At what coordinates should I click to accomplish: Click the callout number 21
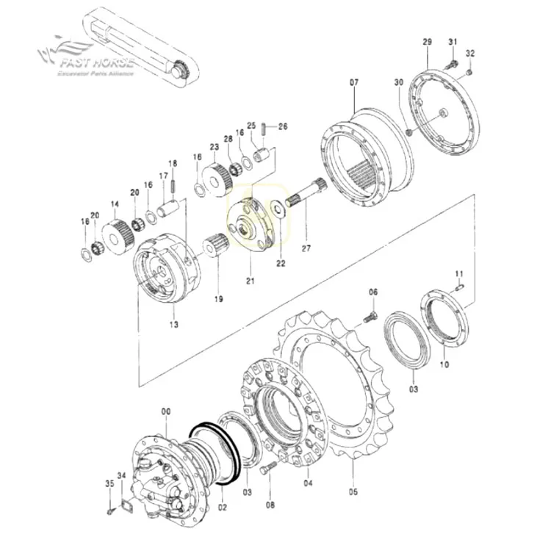(250, 281)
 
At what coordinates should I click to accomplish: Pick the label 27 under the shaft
(306, 249)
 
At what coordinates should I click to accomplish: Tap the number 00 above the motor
(165, 414)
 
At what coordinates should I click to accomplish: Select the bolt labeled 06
(370, 317)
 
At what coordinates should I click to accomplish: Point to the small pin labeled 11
(461, 289)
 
